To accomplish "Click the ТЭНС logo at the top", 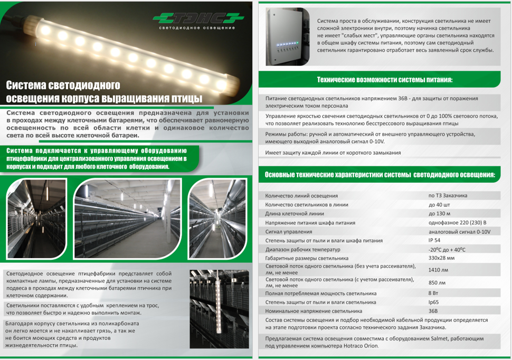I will point(199,18).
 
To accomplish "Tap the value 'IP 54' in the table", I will point(434,240).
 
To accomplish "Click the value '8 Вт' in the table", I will point(433,293).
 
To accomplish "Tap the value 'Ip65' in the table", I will point(434,302).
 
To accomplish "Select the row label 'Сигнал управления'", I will point(289,232).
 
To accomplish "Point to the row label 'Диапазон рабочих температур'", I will point(302,250).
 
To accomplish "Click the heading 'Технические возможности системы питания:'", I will point(384,80).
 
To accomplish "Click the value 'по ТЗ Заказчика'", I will point(448,195).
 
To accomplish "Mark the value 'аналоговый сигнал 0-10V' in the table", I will point(459,232).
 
